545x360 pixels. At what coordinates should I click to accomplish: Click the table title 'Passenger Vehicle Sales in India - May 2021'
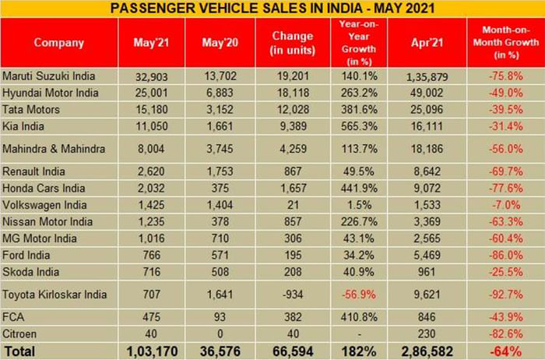point(272,8)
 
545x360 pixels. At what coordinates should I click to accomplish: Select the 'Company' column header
point(58,42)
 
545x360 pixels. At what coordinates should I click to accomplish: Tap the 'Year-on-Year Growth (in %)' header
point(359,42)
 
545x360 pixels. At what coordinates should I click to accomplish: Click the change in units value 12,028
point(293,108)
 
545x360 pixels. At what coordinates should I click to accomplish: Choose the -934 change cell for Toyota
point(293,295)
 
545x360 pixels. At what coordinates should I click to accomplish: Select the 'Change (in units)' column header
point(293,42)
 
